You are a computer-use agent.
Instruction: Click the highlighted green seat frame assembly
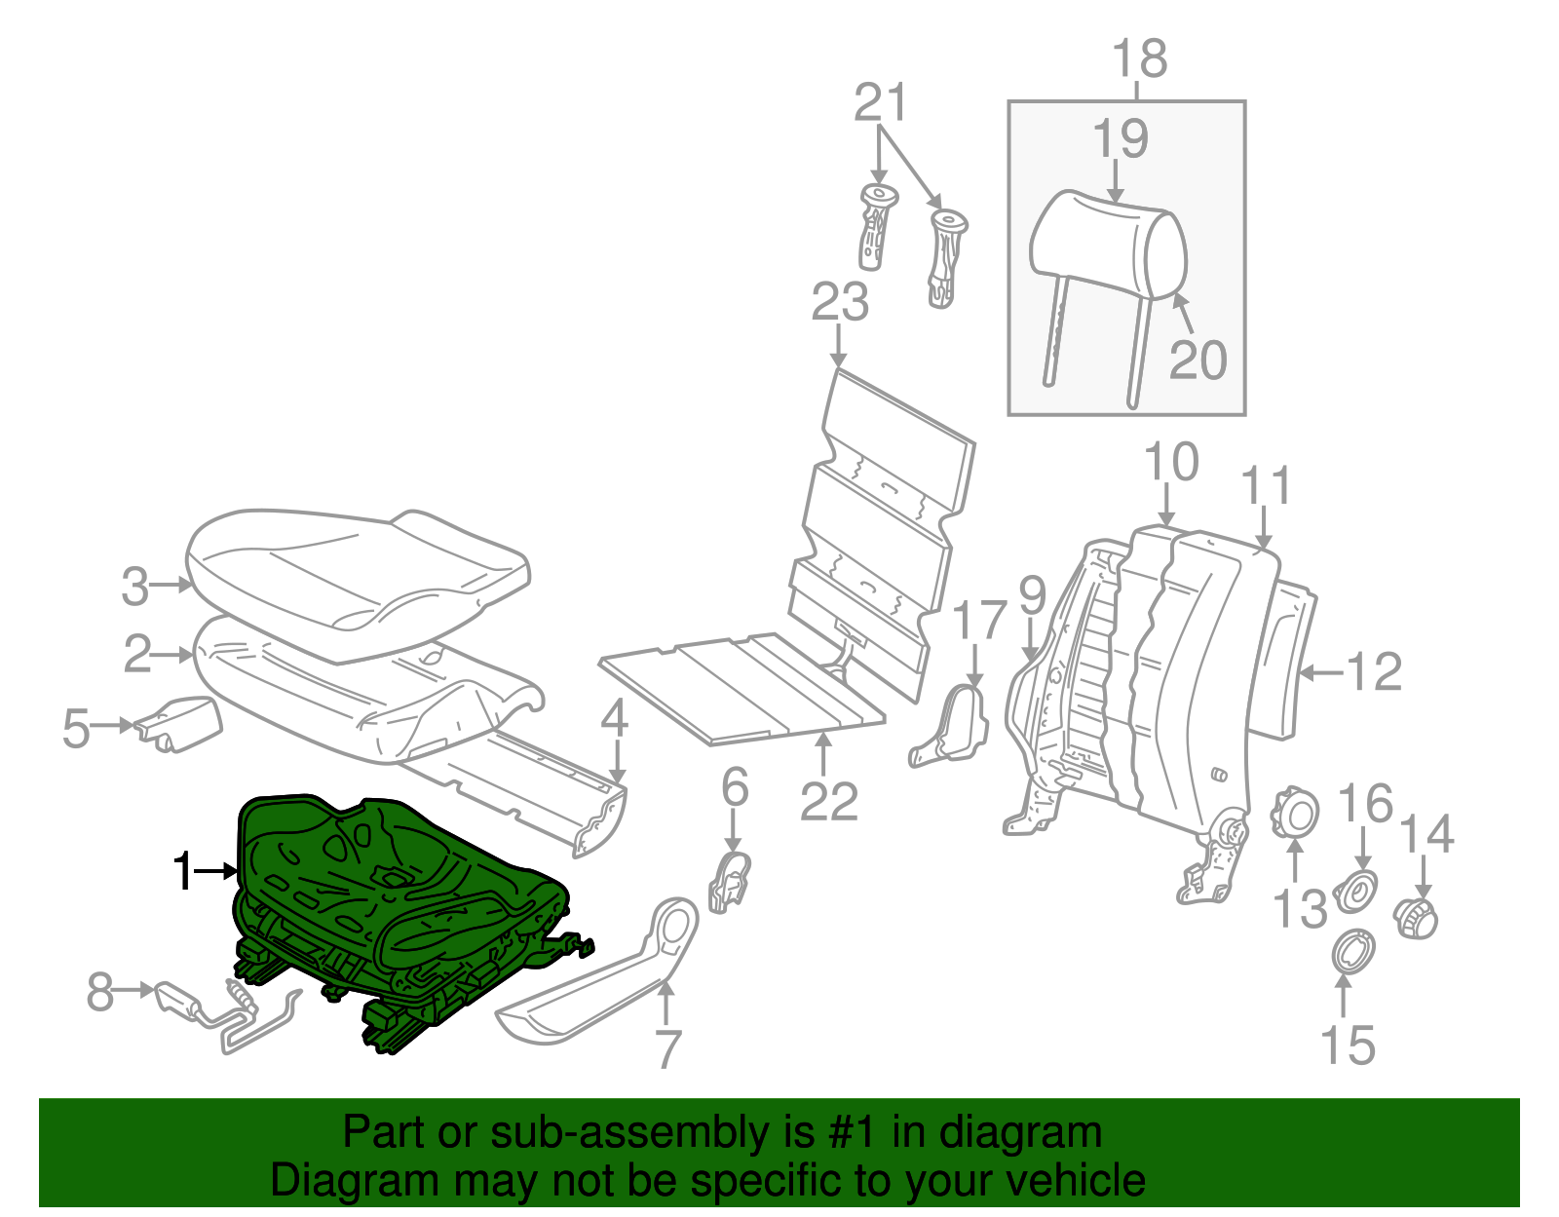tap(390, 896)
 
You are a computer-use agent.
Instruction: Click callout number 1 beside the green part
tap(182, 870)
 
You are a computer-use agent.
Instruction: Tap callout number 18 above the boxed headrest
tap(1139, 58)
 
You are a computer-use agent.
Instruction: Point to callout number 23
tap(840, 302)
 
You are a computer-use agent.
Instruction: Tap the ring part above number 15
tap(1352, 951)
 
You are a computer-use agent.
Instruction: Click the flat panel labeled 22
tap(741, 687)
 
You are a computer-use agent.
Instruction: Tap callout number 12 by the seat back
tap(1374, 671)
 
